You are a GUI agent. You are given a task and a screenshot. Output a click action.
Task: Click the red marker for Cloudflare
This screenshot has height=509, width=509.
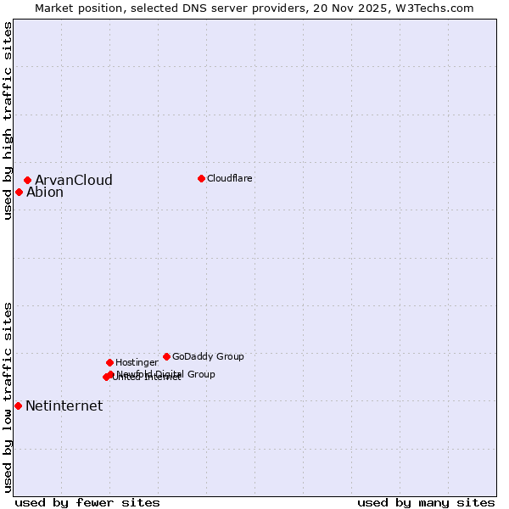[x=201, y=178]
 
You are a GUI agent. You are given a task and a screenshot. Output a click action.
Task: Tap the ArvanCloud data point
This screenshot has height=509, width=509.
[x=28, y=180]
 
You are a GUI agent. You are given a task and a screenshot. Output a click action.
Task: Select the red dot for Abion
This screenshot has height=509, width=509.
[x=19, y=192]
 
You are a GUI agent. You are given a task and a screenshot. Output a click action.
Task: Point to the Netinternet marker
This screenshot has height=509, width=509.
[x=18, y=406]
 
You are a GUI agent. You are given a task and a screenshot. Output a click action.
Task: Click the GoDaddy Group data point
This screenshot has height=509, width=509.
[x=166, y=356]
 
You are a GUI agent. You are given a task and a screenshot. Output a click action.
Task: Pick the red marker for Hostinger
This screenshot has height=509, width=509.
[x=109, y=362]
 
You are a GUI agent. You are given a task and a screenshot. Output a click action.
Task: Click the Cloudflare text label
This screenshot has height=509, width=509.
[x=230, y=178]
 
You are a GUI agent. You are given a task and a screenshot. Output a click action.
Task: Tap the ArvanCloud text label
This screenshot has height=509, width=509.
[x=74, y=180]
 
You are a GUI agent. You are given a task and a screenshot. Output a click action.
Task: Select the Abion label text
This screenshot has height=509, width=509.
[x=45, y=192]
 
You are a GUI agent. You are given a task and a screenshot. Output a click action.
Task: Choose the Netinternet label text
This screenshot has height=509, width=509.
[x=64, y=406]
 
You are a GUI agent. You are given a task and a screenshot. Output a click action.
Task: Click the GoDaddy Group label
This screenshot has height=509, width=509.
[x=208, y=356]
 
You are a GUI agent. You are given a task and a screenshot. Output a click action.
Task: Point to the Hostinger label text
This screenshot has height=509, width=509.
[x=137, y=362]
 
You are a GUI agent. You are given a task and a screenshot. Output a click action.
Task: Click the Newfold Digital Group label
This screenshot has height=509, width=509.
[x=166, y=374]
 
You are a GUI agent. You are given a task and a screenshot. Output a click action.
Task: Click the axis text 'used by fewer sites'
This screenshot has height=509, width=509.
[x=87, y=502]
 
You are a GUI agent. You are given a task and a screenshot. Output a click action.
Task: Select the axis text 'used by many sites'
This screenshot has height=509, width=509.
[x=426, y=502]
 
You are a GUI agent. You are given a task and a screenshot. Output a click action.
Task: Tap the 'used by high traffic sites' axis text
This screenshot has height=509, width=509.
[x=8, y=120]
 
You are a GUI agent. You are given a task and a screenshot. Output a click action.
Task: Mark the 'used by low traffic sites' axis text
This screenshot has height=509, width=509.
[x=8, y=397]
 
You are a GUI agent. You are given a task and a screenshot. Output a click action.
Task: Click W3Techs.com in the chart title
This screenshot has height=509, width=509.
[x=438, y=8]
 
